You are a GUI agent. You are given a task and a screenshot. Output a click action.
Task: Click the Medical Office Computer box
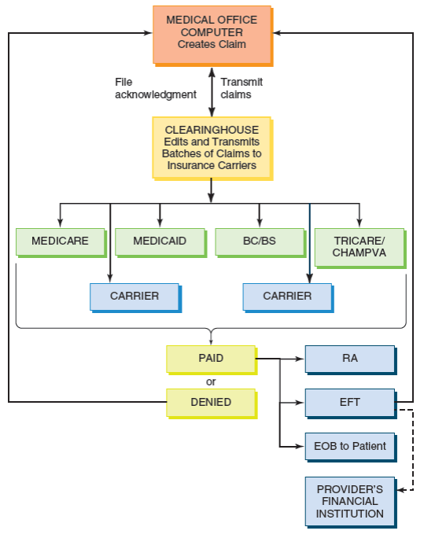212,34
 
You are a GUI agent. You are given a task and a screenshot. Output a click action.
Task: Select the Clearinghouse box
212,147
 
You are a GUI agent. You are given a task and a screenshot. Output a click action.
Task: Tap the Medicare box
60,241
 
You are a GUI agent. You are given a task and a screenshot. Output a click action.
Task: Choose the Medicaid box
160,241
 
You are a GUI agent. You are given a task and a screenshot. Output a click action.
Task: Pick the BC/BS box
259,241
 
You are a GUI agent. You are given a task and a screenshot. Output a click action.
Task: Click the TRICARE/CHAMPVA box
359,247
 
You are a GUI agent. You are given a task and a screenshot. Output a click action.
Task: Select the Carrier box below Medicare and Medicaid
134,297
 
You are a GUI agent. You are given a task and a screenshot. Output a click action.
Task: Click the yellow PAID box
210,358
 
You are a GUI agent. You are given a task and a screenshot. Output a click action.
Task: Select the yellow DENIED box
210,402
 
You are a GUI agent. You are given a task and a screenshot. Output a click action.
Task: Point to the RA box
349,358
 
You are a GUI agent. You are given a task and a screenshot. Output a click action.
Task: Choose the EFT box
349,402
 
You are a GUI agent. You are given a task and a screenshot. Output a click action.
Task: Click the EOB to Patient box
349,446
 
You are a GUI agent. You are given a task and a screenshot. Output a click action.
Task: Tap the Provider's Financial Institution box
349,501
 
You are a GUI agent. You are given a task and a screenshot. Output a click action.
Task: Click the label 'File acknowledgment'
155,88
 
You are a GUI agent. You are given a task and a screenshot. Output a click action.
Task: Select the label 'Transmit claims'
241,88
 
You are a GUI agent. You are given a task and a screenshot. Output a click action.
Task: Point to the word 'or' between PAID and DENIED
211,381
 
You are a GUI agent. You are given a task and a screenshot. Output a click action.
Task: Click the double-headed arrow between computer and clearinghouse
211,90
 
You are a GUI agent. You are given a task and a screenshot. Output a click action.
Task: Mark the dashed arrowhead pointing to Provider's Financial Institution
401,490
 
